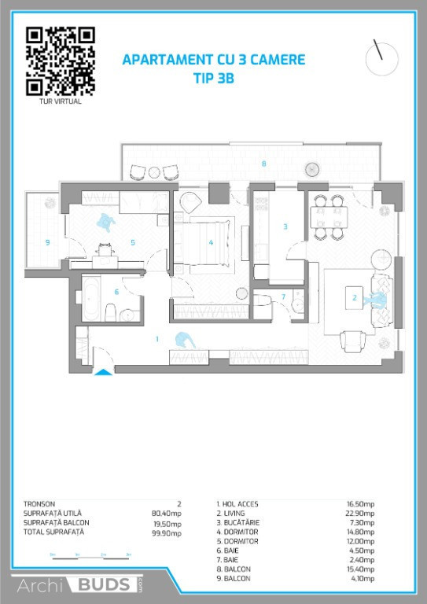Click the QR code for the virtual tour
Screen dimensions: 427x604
pyautogui.click(x=61, y=61)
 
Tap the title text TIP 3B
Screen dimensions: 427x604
pyautogui.click(x=214, y=78)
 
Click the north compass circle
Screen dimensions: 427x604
pyautogui.click(x=382, y=59)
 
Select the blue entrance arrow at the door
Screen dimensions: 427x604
pyautogui.click(x=103, y=372)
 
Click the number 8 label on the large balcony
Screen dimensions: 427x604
pyautogui.click(x=263, y=164)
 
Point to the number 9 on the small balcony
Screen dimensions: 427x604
pyautogui.click(x=48, y=242)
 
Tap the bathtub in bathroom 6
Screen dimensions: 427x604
pyautogui.click(x=91, y=299)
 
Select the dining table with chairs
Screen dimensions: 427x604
pyautogui.click(x=331, y=218)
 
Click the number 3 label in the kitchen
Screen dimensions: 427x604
pyautogui.click(x=285, y=226)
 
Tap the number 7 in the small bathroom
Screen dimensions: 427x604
pyautogui.click(x=284, y=296)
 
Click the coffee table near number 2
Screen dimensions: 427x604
pyautogui.click(x=354, y=298)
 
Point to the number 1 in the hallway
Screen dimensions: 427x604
pyautogui.click(x=157, y=339)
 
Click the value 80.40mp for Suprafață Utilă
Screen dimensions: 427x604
pyautogui.click(x=167, y=514)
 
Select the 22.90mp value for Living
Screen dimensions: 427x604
pyautogui.click(x=359, y=514)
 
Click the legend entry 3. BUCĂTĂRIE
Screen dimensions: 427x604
pyautogui.click(x=238, y=523)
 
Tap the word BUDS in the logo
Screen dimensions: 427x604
pyautogui.click(x=104, y=584)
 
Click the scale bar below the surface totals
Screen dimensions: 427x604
pyautogui.click(x=91, y=558)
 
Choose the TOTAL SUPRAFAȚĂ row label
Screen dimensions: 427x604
pyautogui.click(x=53, y=532)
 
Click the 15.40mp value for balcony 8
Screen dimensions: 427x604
pyautogui.click(x=359, y=569)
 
